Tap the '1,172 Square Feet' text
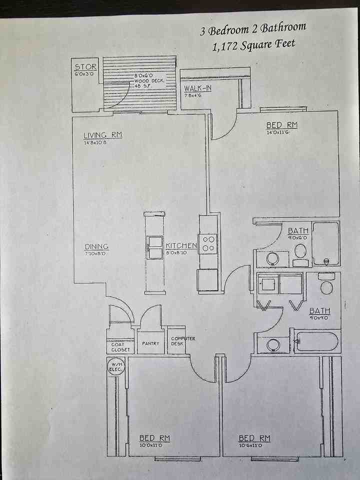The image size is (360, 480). point(253,45)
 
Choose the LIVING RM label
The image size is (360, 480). point(102,135)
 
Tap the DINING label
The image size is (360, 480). point(96,246)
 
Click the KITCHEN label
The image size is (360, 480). point(181,246)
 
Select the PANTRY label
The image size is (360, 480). point(150,343)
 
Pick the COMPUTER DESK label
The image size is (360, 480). point(183,341)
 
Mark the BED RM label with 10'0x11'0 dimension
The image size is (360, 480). point(154,438)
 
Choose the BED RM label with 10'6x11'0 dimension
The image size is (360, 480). point(254,438)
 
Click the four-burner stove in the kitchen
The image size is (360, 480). point(208,243)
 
